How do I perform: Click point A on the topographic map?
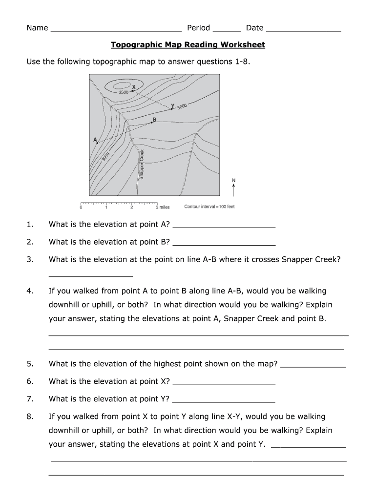[x=97, y=143]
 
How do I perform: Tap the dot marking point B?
[x=152, y=123]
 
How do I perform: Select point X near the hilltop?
[x=132, y=90]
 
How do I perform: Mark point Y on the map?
[x=172, y=109]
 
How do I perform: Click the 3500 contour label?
[x=124, y=92]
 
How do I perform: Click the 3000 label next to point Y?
[x=182, y=106]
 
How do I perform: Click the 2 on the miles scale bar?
[x=131, y=208]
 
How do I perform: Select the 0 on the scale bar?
[x=81, y=208]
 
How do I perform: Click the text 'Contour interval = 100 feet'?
[x=209, y=207]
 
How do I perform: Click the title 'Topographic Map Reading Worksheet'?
[x=188, y=45]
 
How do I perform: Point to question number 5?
[x=30, y=364]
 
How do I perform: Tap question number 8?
[x=30, y=417]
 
